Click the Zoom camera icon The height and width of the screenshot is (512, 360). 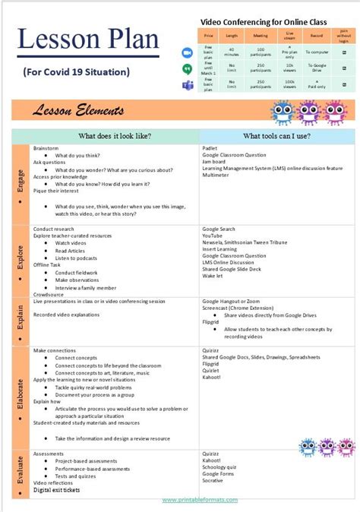coord(187,52)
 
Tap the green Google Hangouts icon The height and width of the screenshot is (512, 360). coord(187,68)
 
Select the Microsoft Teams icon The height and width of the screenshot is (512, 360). coord(187,84)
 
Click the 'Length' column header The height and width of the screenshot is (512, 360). coord(232,36)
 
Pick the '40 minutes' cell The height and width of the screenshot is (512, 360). coord(232,52)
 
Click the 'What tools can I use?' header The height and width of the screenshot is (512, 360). coord(276,136)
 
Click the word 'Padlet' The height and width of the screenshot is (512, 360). coord(210,147)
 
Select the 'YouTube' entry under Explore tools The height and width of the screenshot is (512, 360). coord(213,235)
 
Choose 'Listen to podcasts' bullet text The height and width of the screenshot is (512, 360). coord(82,258)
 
